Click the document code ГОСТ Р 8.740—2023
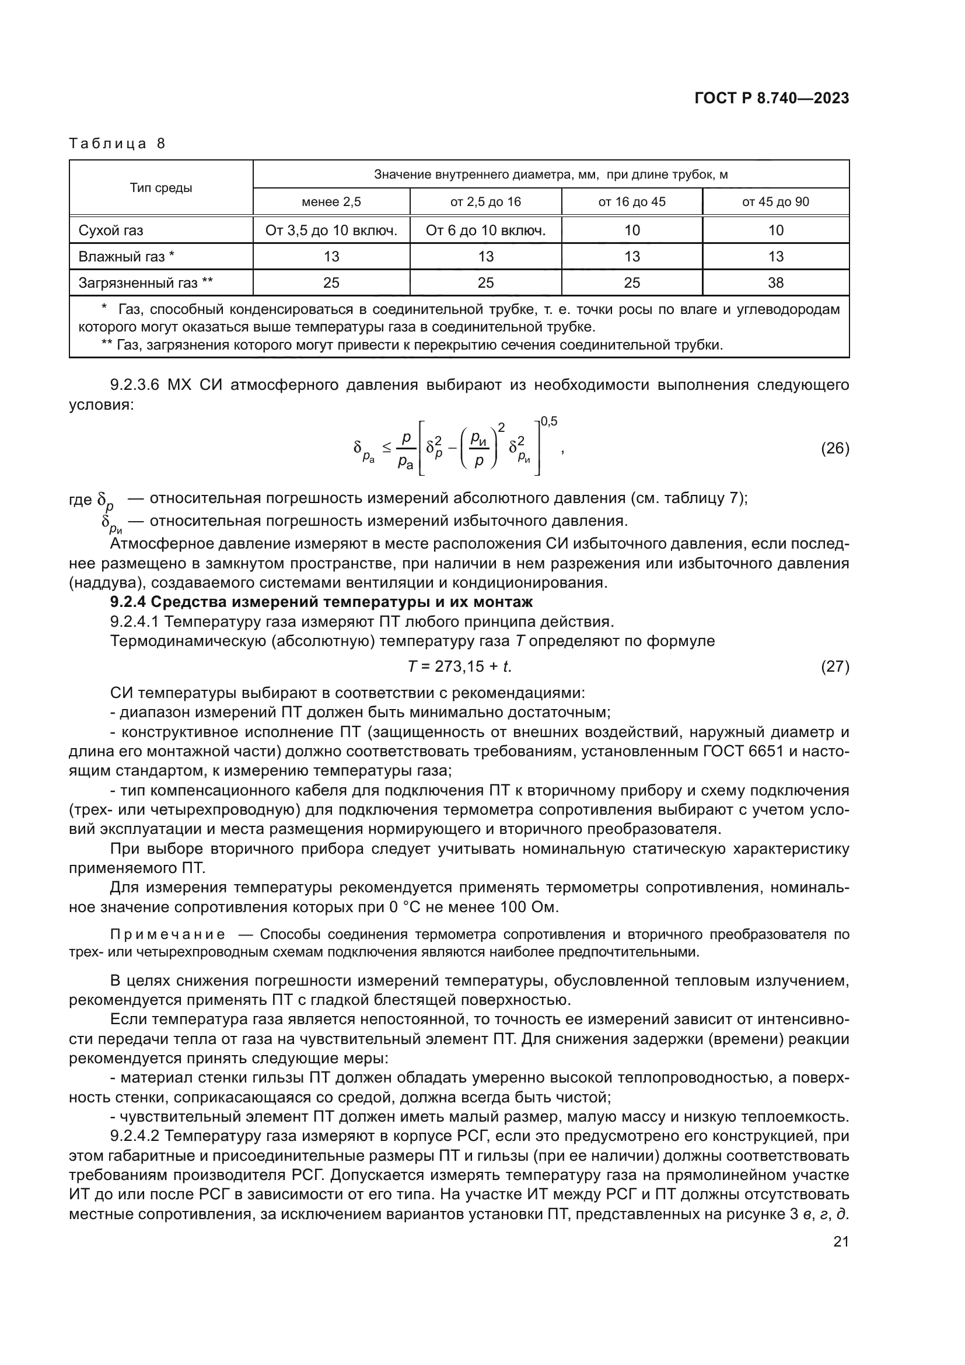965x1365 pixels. [x=771, y=99]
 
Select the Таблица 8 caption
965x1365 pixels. [x=117, y=144]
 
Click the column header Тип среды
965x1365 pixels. [x=161, y=188]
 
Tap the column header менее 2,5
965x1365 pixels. [x=331, y=202]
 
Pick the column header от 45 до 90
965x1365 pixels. [x=775, y=202]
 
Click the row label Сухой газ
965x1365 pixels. [x=111, y=231]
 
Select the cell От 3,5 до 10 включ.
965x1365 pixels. [x=331, y=231]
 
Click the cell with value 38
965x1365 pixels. [x=775, y=283]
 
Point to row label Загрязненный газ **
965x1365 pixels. [x=146, y=283]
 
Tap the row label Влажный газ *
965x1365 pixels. [x=127, y=257]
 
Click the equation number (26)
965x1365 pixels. [x=834, y=448]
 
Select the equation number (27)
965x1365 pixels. [x=834, y=666]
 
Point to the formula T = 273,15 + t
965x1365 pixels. [x=459, y=666]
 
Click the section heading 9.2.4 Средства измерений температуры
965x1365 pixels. [x=321, y=602]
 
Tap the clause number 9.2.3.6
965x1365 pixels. [x=135, y=385]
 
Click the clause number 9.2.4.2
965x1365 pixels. [x=135, y=1136]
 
